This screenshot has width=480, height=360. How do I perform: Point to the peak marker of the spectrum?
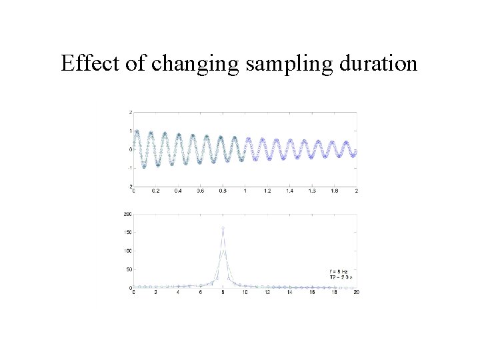point(223,228)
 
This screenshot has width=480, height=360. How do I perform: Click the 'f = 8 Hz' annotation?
point(340,271)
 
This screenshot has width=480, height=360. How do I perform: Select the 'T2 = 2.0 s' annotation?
point(341,277)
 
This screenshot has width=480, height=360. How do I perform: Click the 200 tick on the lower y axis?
point(127,214)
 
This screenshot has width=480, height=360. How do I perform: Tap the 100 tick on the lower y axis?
point(127,251)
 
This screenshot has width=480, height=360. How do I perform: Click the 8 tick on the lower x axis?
point(223,293)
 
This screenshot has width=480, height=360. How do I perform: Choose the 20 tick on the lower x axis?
point(356,293)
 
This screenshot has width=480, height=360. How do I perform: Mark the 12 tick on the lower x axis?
point(267,293)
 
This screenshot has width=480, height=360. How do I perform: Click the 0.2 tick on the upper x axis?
point(156,191)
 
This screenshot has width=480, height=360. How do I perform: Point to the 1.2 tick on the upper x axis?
point(267,191)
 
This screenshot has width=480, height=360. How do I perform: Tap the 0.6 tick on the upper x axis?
point(201,191)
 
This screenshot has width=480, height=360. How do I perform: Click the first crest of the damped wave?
point(137,131)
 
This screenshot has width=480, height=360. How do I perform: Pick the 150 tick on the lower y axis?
point(127,232)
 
